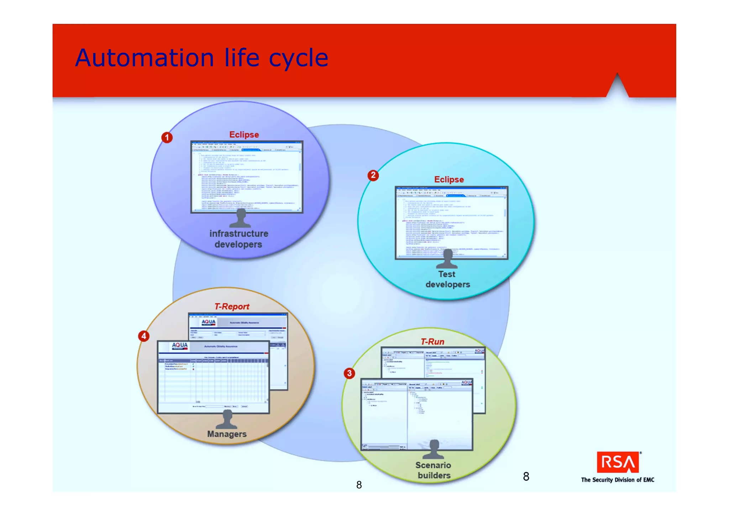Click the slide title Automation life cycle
pyautogui.click(x=201, y=58)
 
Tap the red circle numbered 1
pyautogui.click(x=167, y=138)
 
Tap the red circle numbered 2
pyautogui.click(x=373, y=175)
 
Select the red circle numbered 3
pyautogui.click(x=349, y=373)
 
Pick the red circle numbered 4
pyautogui.click(x=143, y=336)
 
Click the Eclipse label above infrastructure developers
pyautogui.click(x=244, y=135)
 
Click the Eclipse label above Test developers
pyautogui.click(x=449, y=180)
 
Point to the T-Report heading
pyautogui.click(x=232, y=306)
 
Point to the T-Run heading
pyautogui.click(x=432, y=342)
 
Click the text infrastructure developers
pyautogui.click(x=238, y=239)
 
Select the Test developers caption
pyautogui.click(x=447, y=279)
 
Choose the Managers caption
pyautogui.click(x=227, y=434)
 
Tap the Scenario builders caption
pyautogui.click(x=434, y=470)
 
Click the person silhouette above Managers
pyautogui.click(x=227, y=419)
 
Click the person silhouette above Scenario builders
pyautogui.click(x=434, y=449)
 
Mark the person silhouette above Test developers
pyautogui.click(x=447, y=259)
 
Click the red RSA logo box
pyautogui.click(x=618, y=463)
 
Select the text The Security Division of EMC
pyautogui.click(x=618, y=480)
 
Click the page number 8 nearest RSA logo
pyautogui.click(x=526, y=476)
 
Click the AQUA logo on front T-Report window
pyautogui.click(x=180, y=345)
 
